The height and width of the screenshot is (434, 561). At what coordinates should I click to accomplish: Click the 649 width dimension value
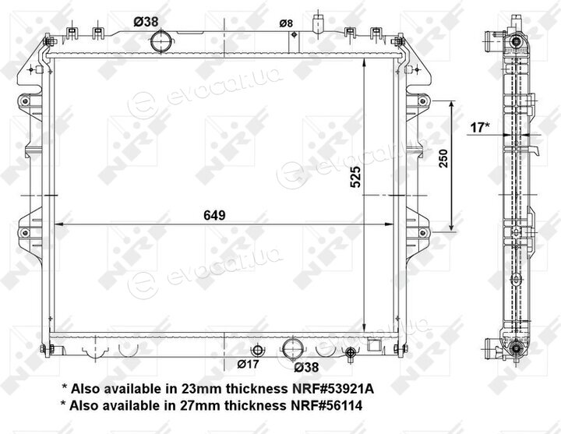[214, 215]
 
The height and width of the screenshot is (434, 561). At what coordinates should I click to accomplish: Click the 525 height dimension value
[355, 176]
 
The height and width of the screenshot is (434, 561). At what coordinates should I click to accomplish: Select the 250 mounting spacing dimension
[443, 158]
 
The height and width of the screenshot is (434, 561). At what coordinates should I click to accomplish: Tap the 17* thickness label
[480, 127]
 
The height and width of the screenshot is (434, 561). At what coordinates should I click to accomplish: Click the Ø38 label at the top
[146, 22]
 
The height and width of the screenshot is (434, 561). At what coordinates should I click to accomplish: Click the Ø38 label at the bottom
[306, 367]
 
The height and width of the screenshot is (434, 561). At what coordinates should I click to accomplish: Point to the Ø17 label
[248, 364]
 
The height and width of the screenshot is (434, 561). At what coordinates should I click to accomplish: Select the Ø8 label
[286, 23]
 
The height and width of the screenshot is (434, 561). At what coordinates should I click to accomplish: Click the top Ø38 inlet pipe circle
[161, 41]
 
